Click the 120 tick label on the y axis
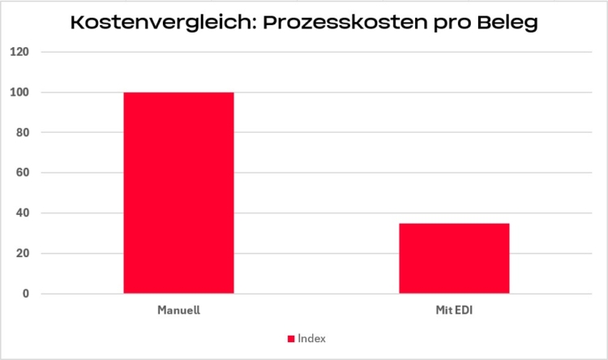pos(19,52)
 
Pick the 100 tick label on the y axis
pos(19,92)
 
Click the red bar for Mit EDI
pos(454,258)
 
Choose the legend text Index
pos(311,338)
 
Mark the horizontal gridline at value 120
pos(324,52)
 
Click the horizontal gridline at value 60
pos(324,173)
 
